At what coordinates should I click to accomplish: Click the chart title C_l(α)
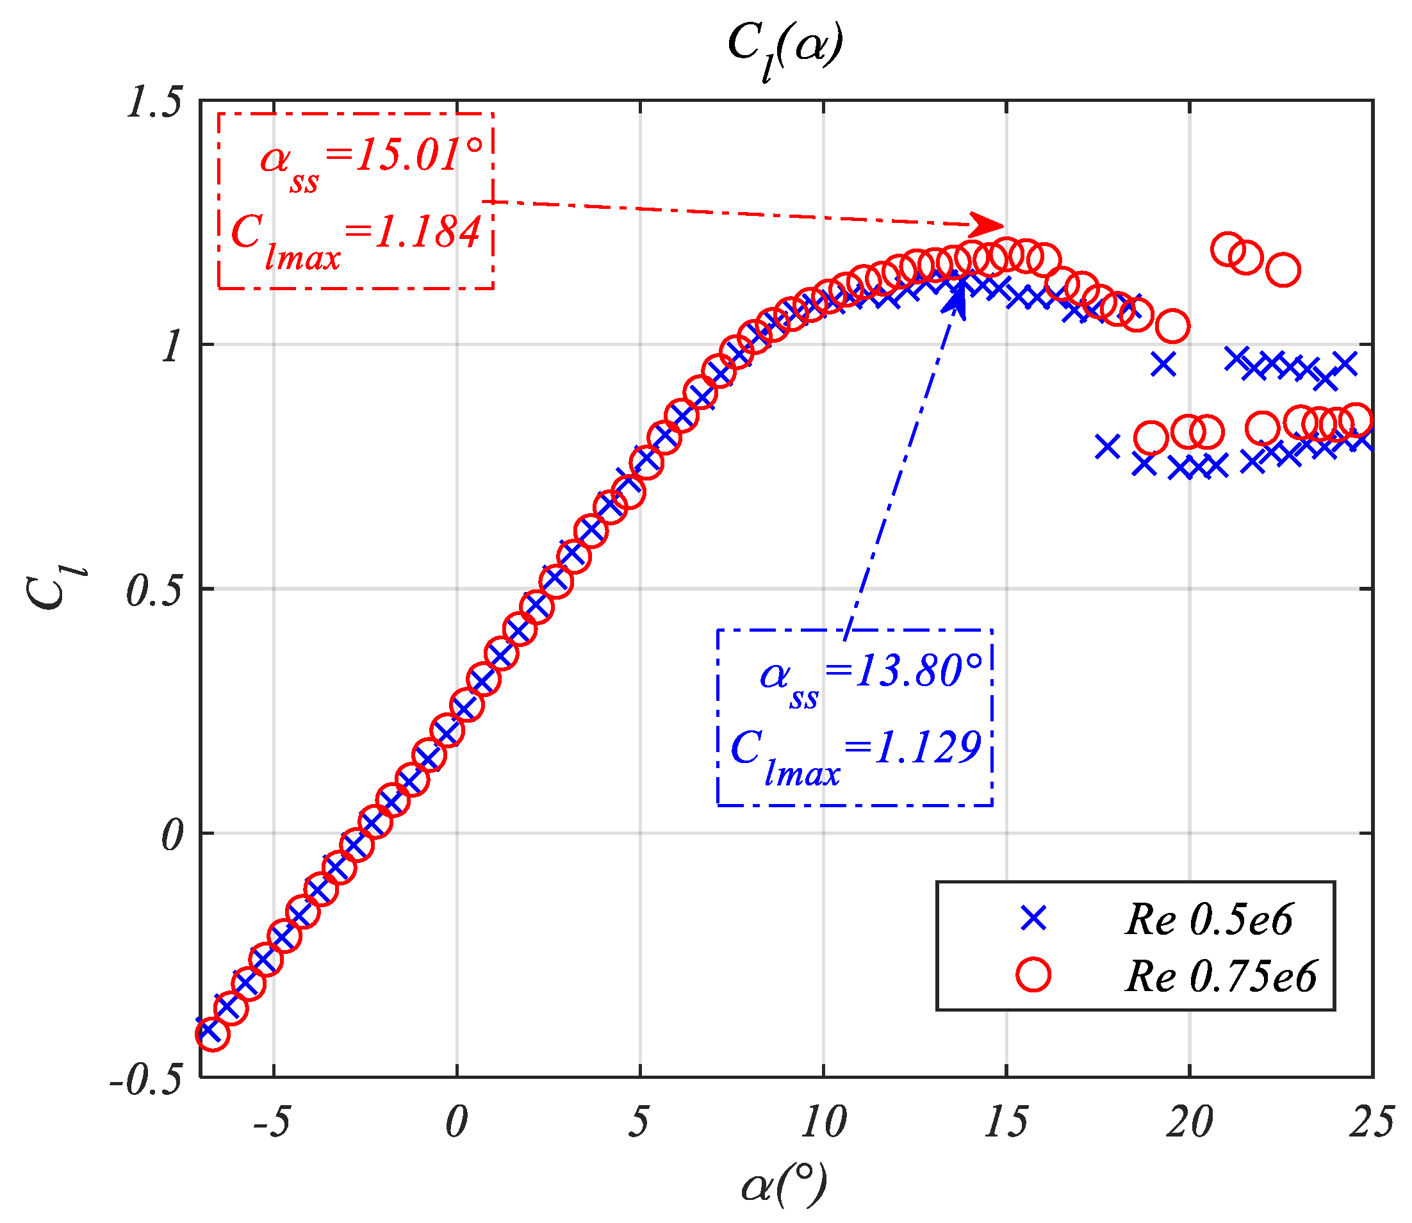[x=785, y=48]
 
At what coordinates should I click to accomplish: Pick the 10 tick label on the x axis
[x=824, y=1122]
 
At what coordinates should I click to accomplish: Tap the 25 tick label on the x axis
[x=1372, y=1122]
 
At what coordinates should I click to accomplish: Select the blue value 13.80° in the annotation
[x=918, y=671]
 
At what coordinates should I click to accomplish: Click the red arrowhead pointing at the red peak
[x=987, y=224]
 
